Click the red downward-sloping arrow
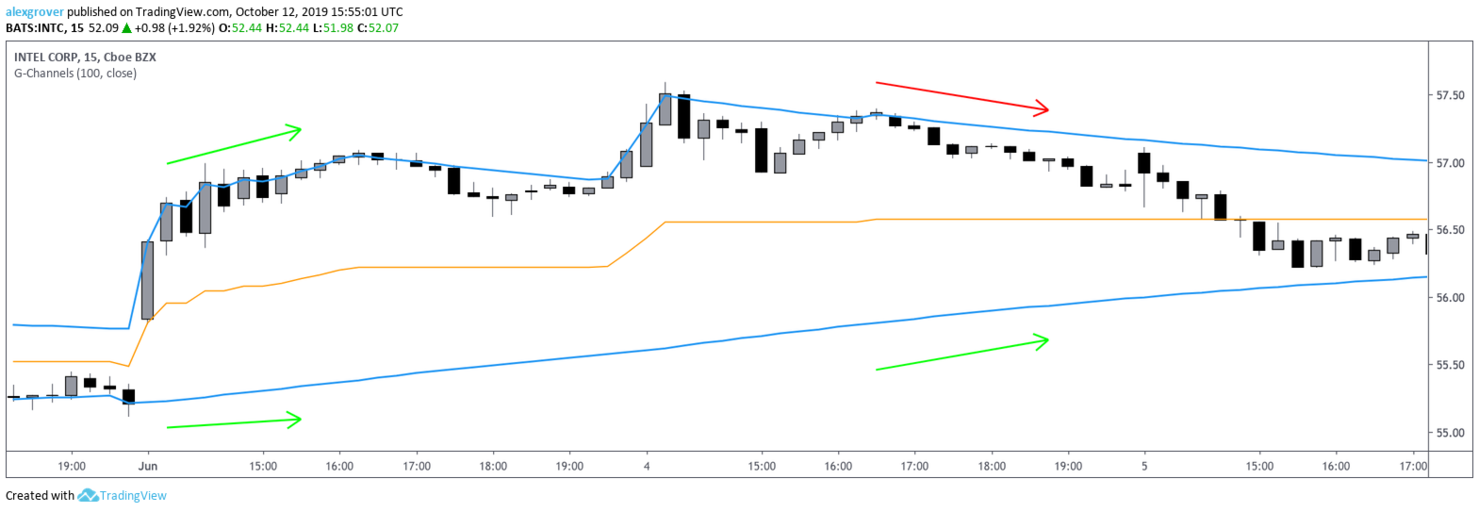pyautogui.click(x=961, y=95)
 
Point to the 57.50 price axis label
pyautogui.click(x=1450, y=95)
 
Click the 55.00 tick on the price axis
pyautogui.click(x=1450, y=433)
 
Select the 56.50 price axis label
pyautogui.click(x=1450, y=230)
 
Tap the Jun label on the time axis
pyautogui.click(x=147, y=466)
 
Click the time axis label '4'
pyautogui.click(x=647, y=466)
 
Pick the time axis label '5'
pyautogui.click(x=1144, y=466)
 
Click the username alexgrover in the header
pyautogui.click(x=35, y=12)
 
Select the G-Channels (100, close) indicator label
pyautogui.click(x=75, y=74)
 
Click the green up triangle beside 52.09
pyautogui.click(x=126, y=28)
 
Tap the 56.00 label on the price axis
pyautogui.click(x=1450, y=298)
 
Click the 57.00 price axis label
pyautogui.click(x=1450, y=163)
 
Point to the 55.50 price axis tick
pyautogui.click(x=1450, y=365)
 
